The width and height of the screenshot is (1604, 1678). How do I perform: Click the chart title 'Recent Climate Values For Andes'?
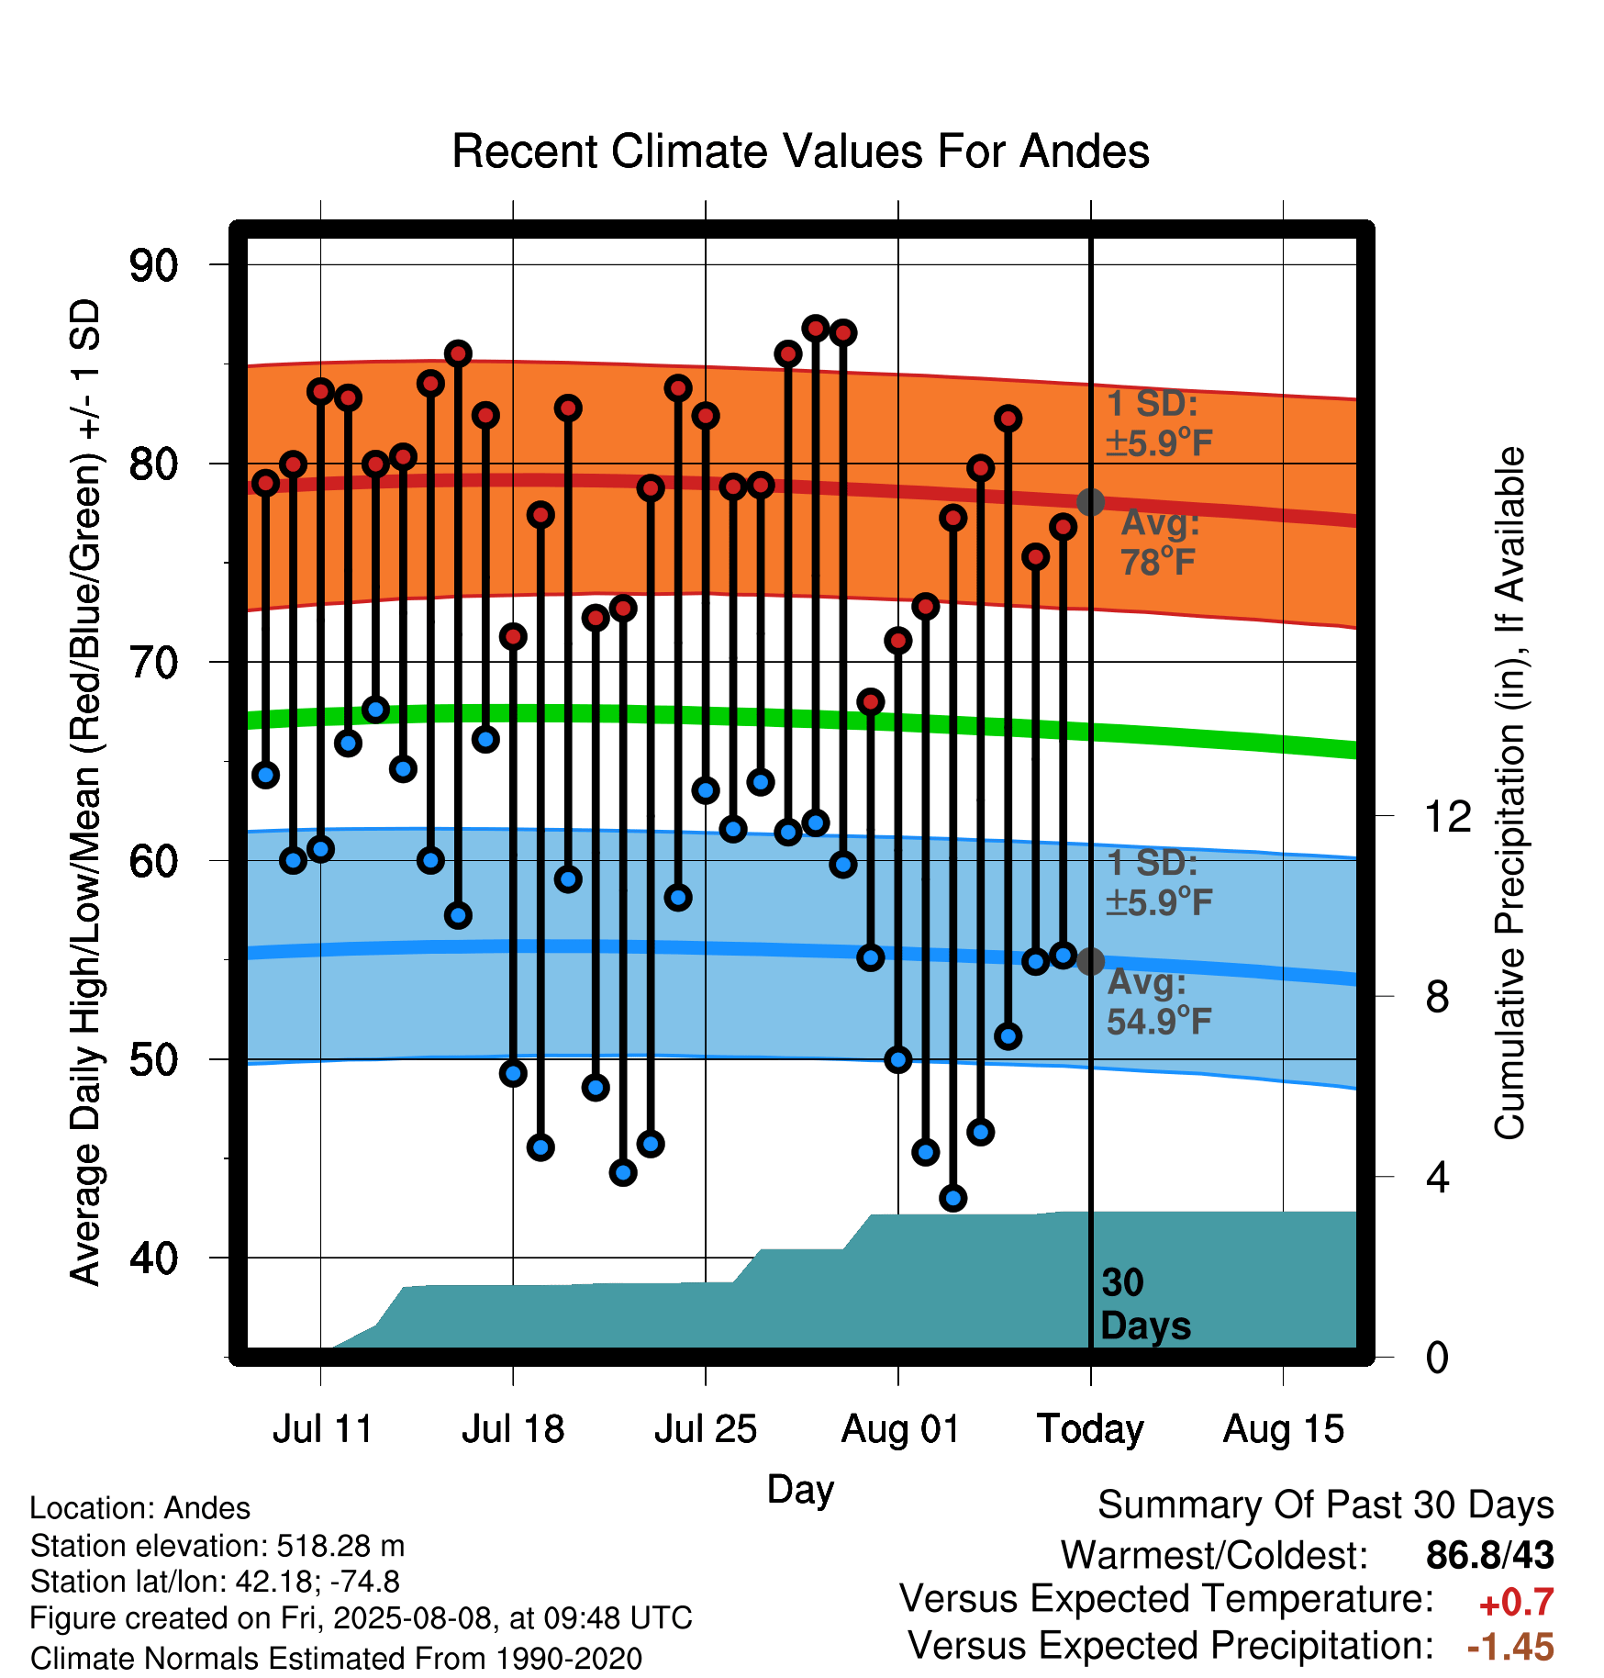800,151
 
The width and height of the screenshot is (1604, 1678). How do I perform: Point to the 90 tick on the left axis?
153,265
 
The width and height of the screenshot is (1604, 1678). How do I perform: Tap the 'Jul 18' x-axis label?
513,1429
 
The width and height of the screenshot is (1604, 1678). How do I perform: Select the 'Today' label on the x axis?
1090,1430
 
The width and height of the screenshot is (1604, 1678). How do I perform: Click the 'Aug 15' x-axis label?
1283,1429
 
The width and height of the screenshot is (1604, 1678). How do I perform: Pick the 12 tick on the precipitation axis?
1447,816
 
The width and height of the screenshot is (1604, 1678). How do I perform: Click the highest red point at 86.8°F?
816,328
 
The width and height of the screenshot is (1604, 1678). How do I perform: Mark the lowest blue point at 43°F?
953,1198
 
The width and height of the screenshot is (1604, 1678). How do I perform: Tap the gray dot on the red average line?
1090,502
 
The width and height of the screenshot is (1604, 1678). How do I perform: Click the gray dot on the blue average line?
1090,961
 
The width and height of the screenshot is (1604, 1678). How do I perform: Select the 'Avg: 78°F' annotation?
1160,543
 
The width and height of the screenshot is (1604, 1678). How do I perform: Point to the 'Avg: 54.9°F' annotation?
1159,1001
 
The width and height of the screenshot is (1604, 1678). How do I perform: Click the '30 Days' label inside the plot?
1145,1304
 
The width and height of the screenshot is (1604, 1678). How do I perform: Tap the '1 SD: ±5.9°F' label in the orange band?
1159,423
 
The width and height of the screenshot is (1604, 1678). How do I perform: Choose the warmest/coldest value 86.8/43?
1489,1555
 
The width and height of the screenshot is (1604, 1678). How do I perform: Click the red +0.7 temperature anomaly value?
1516,1603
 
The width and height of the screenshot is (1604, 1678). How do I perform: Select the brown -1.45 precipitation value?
1510,1647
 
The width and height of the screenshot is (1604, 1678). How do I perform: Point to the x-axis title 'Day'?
800,1489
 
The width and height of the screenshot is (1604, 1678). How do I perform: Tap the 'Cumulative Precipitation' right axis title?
1509,794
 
